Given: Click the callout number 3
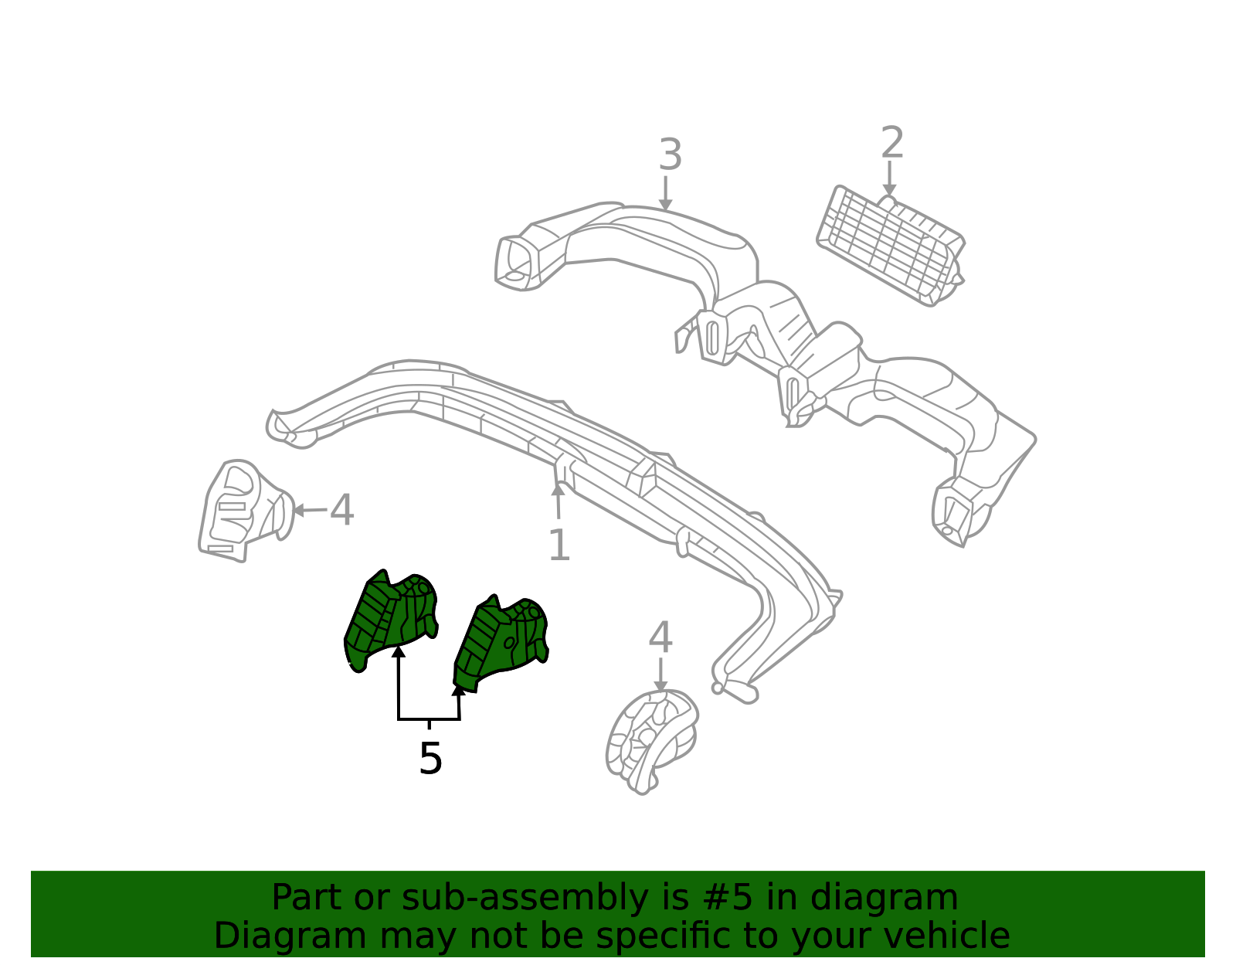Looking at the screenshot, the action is (x=670, y=155).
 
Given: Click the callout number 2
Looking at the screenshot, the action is (x=892, y=142).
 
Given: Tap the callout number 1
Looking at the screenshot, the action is (x=559, y=545).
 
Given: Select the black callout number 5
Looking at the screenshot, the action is (x=430, y=758).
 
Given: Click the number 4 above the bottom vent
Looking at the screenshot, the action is (x=660, y=637).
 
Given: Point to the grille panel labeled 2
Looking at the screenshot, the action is (x=891, y=246).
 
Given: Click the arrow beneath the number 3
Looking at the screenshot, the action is (x=665, y=193).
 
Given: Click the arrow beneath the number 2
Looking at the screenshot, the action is (x=889, y=178).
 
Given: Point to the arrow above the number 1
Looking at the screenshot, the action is (x=558, y=501).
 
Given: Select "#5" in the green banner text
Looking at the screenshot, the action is (x=726, y=897).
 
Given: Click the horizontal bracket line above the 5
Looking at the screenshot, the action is (x=429, y=719).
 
